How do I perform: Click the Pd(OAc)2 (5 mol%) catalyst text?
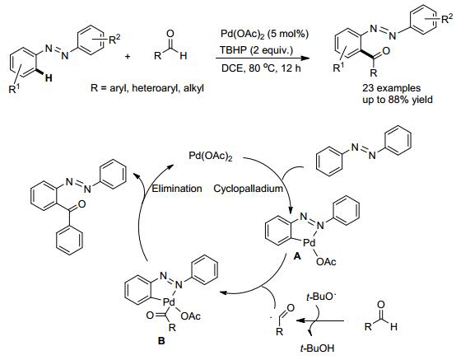(264, 35)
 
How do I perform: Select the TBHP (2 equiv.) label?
(256, 50)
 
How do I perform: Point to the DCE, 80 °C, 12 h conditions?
(261, 68)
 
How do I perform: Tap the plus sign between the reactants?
(128, 56)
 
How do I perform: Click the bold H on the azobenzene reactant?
(49, 78)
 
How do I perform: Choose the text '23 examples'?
(392, 88)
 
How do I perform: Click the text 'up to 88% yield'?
(398, 100)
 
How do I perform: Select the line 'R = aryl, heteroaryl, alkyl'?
(147, 87)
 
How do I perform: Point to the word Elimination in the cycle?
(177, 189)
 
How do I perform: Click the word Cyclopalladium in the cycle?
(248, 189)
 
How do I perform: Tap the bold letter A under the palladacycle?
(297, 256)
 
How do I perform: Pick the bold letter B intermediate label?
(161, 340)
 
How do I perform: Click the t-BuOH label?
(317, 348)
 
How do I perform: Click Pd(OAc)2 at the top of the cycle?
(211, 156)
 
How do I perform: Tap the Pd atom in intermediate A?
(309, 243)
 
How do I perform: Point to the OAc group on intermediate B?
(191, 316)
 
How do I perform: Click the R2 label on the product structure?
(447, 19)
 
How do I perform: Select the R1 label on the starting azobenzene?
(14, 89)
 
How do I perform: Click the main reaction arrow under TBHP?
(262, 58)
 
